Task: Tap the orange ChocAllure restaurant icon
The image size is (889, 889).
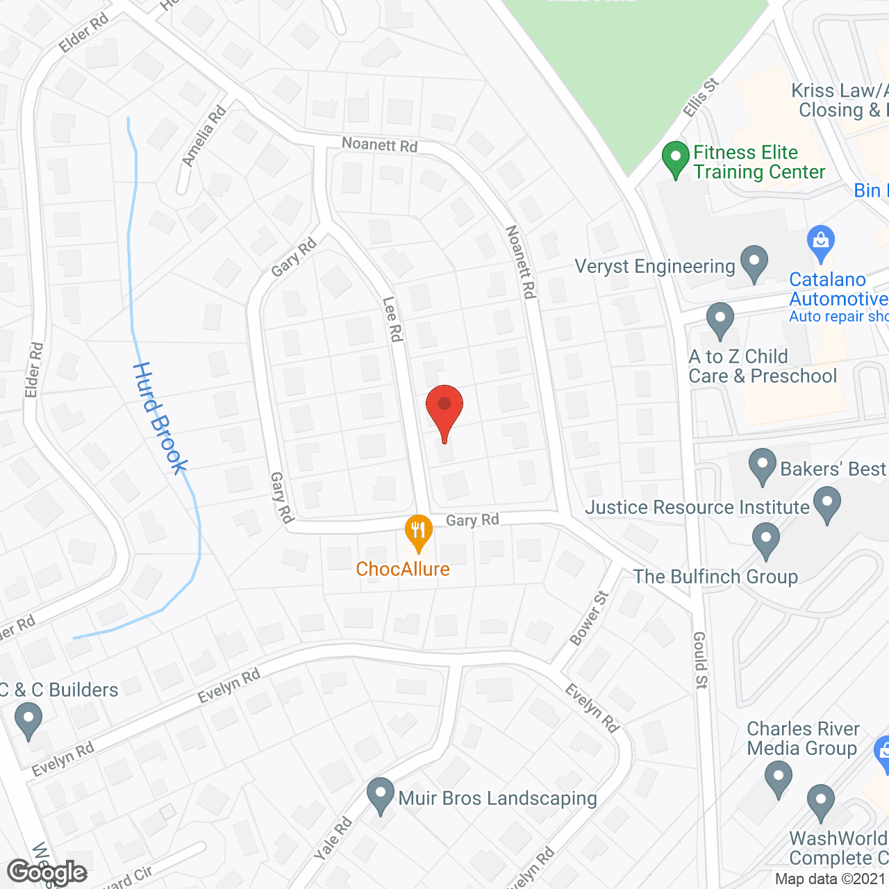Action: point(418,532)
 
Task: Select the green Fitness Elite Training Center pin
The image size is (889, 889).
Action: point(675,158)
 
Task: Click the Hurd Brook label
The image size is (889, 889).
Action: point(160,418)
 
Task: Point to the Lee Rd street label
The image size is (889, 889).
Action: point(392,319)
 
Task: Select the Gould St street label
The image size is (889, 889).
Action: point(700,660)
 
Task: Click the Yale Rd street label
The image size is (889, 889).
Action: point(333,838)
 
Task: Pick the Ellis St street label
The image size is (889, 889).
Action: point(700,98)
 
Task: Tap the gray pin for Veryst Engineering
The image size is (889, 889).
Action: point(754,263)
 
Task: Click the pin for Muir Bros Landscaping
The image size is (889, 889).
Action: point(380,795)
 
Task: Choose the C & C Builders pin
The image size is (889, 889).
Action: point(28,720)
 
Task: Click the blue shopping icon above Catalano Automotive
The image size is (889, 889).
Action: point(821,242)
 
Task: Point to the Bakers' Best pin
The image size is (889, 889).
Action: point(762,466)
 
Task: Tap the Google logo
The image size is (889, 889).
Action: point(47,872)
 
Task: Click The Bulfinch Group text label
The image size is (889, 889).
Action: point(715,576)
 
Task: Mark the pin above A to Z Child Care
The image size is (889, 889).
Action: point(720,320)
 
